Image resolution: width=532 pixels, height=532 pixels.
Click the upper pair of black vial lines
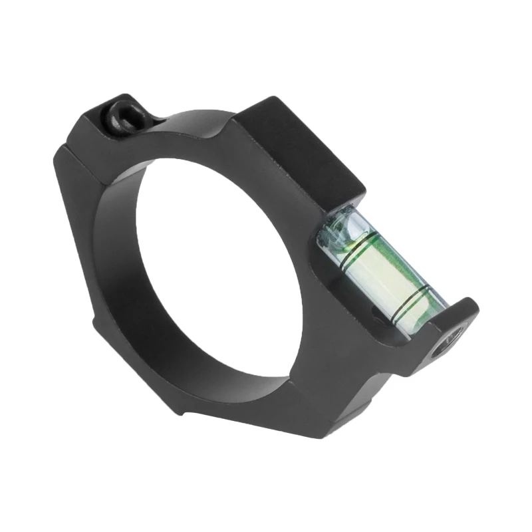[x=352, y=249]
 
